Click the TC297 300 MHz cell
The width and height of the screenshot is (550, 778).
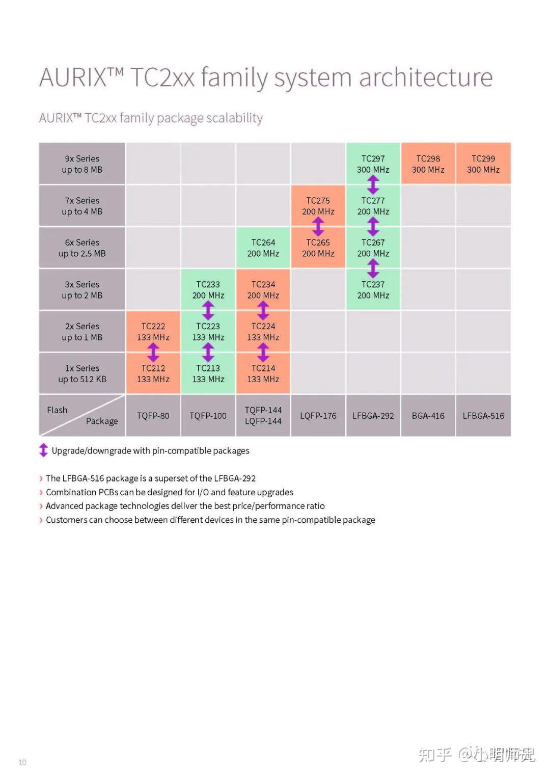click(373, 164)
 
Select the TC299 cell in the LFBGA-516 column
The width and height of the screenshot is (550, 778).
click(483, 164)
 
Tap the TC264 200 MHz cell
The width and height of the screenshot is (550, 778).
click(263, 248)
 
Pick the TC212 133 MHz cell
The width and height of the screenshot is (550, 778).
click(153, 373)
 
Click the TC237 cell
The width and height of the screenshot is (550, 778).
click(373, 289)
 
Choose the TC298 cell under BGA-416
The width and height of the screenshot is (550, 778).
click(428, 164)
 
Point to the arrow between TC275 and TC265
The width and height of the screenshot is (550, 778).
click(318, 227)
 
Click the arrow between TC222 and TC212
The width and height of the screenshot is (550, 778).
click(153, 352)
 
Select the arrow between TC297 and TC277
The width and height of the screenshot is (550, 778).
click(373, 184)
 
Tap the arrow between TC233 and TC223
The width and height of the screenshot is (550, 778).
click(208, 310)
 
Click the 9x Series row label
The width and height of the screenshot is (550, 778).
click(82, 164)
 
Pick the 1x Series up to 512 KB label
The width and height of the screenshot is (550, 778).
click(82, 373)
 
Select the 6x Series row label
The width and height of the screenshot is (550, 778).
click(82, 248)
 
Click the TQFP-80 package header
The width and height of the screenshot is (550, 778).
click(153, 416)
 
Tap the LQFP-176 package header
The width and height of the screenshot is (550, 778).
click(318, 416)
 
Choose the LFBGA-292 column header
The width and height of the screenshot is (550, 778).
click(373, 416)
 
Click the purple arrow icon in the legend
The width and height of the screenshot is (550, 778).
click(44, 450)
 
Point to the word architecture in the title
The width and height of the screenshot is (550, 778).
click(426, 78)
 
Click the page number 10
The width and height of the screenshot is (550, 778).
click(22, 762)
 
